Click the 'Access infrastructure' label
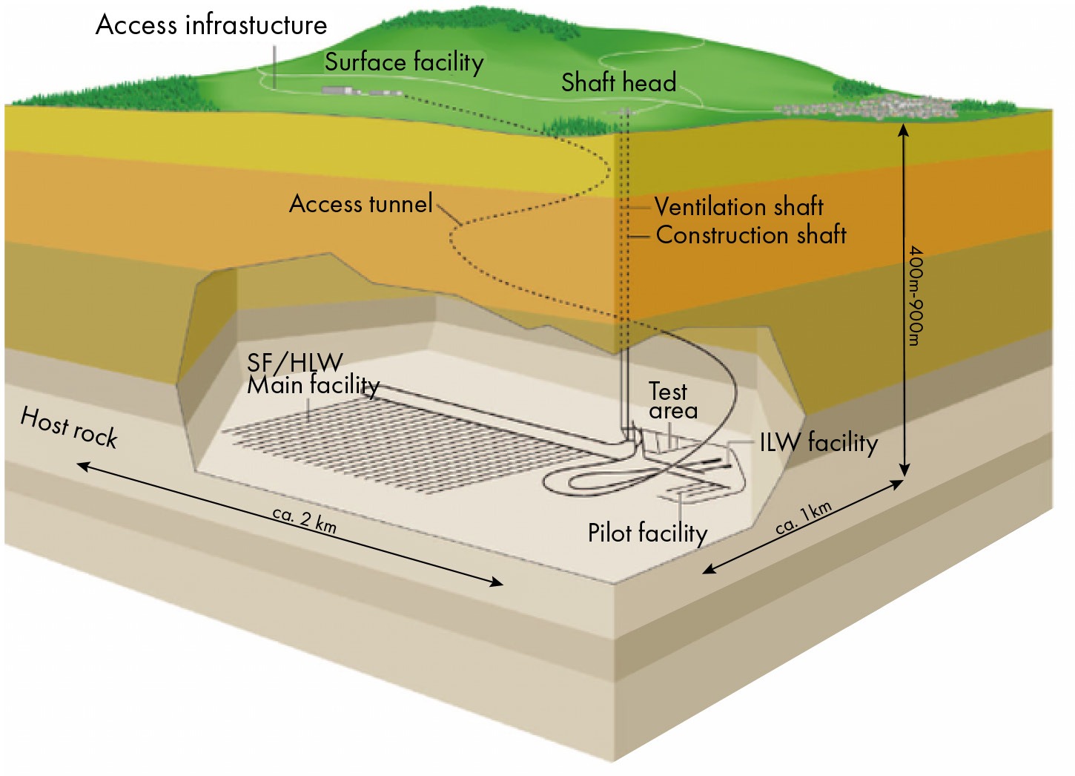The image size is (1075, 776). tap(211, 25)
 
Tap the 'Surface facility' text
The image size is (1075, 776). tap(404, 62)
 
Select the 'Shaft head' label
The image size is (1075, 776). tap(619, 82)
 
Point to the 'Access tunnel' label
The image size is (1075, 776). tap(361, 203)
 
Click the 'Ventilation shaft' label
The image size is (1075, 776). tap(739, 206)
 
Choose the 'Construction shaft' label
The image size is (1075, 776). tap(751, 235)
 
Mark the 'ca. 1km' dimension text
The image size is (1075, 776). tap(804, 519)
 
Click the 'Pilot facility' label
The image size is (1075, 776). tap(648, 533)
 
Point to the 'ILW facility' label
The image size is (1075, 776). tap(818, 442)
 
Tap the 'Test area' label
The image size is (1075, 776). tap(673, 401)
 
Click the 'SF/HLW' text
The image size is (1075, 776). tap(295, 363)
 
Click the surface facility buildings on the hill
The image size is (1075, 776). tap(361, 91)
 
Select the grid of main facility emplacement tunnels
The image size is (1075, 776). tap(408, 444)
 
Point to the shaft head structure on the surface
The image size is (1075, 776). tap(624, 112)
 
